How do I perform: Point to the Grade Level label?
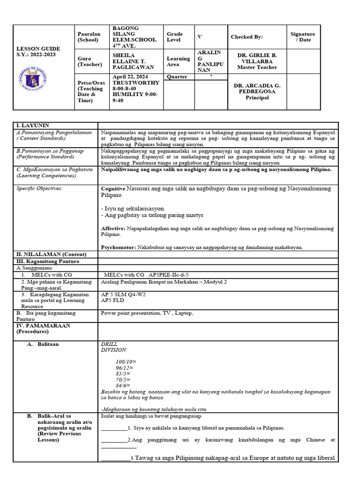(x=174, y=37)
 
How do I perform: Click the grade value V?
(x=200, y=37)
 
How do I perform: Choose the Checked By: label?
(x=247, y=37)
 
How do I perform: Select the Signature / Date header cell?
(x=302, y=37)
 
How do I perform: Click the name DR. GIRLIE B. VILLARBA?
(x=257, y=58)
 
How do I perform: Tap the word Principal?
(x=257, y=97)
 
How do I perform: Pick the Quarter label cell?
(x=177, y=76)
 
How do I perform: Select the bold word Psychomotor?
(x=119, y=247)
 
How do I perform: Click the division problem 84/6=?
(x=123, y=385)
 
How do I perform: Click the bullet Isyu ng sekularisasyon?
(x=133, y=208)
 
